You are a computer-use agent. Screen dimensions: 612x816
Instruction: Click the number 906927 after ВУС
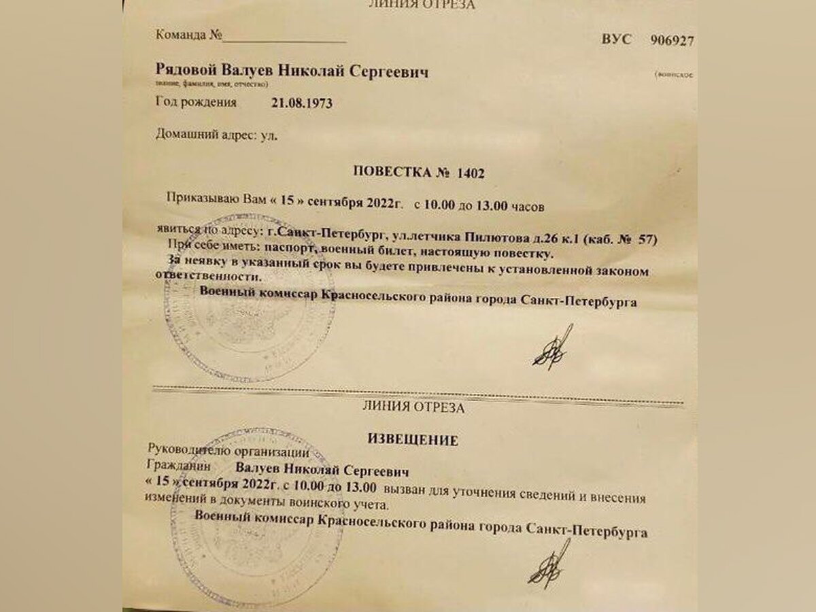672,40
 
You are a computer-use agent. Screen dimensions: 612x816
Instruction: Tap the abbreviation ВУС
616,39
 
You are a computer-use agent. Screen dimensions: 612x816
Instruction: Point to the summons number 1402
471,173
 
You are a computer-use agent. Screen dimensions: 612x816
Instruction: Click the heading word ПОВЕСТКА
394,172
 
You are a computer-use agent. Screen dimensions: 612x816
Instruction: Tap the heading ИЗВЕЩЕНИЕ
413,440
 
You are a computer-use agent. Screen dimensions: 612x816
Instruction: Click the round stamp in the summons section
238,299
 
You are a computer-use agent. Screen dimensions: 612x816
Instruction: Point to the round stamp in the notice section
256,510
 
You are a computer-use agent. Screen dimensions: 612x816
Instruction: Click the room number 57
647,239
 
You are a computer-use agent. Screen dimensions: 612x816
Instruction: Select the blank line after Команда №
285,37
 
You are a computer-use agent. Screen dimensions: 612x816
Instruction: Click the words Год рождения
197,103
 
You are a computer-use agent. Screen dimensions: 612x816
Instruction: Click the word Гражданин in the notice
179,467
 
